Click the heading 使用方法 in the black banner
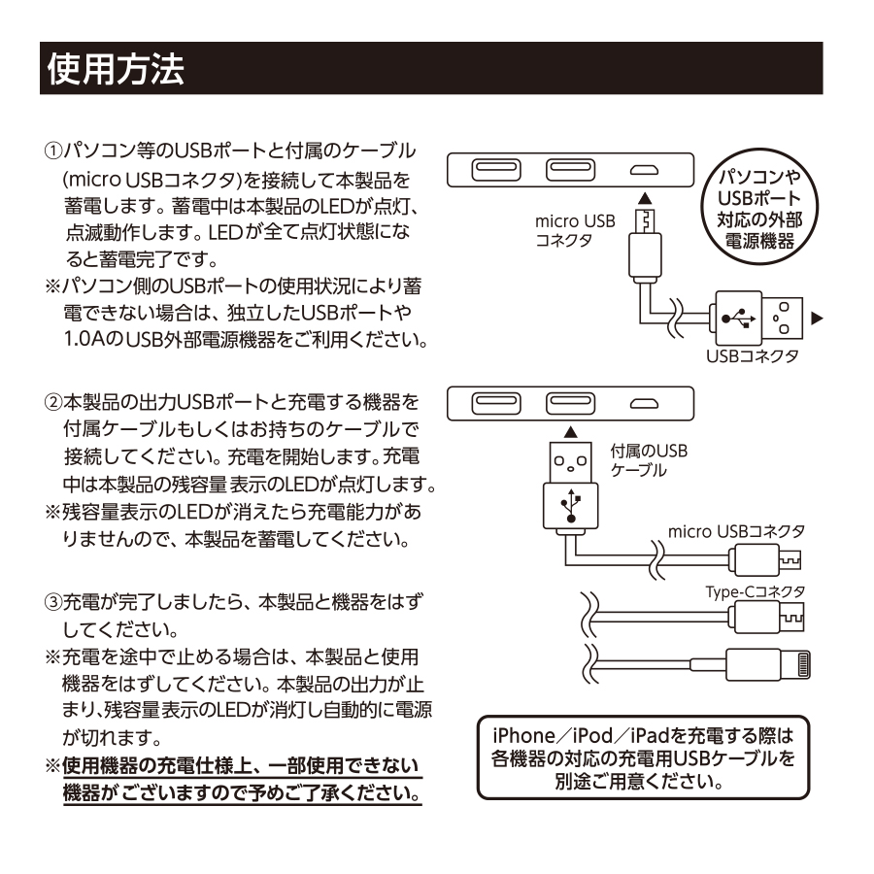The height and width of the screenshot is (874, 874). tap(114, 69)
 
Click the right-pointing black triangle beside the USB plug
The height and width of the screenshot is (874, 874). tap(816, 318)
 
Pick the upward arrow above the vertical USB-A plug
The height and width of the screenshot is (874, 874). tap(570, 429)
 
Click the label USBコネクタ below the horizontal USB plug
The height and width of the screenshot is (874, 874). tap(753, 356)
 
